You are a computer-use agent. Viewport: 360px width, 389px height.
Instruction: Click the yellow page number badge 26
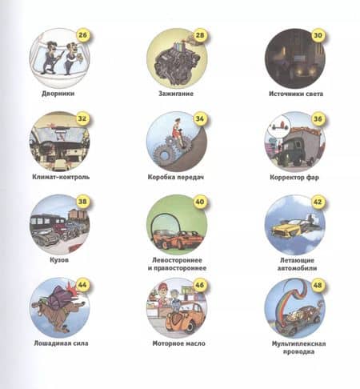tap(82, 35)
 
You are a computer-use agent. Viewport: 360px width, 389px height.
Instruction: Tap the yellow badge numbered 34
tap(200, 118)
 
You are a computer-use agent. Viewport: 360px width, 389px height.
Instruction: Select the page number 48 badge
tap(318, 285)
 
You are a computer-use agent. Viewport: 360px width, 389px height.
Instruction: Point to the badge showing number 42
tap(318, 202)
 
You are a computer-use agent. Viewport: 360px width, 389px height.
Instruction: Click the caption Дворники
tap(58, 94)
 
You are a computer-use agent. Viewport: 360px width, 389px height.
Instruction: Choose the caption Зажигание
tap(176, 94)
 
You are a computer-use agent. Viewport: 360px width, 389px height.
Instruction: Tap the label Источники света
tap(296, 94)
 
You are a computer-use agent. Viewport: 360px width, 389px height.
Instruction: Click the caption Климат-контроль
tap(61, 177)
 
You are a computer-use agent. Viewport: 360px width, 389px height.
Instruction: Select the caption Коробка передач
tap(176, 177)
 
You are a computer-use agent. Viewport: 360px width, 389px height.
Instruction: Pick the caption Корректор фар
tap(294, 178)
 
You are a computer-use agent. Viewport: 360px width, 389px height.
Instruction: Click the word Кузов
tap(59, 260)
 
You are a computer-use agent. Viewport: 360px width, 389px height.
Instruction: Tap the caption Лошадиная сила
tap(61, 343)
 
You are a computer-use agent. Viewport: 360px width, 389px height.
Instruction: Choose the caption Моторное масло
tap(178, 343)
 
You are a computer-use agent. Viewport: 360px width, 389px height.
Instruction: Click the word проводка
tap(298, 351)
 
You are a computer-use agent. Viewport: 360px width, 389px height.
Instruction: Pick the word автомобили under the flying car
tap(297, 268)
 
